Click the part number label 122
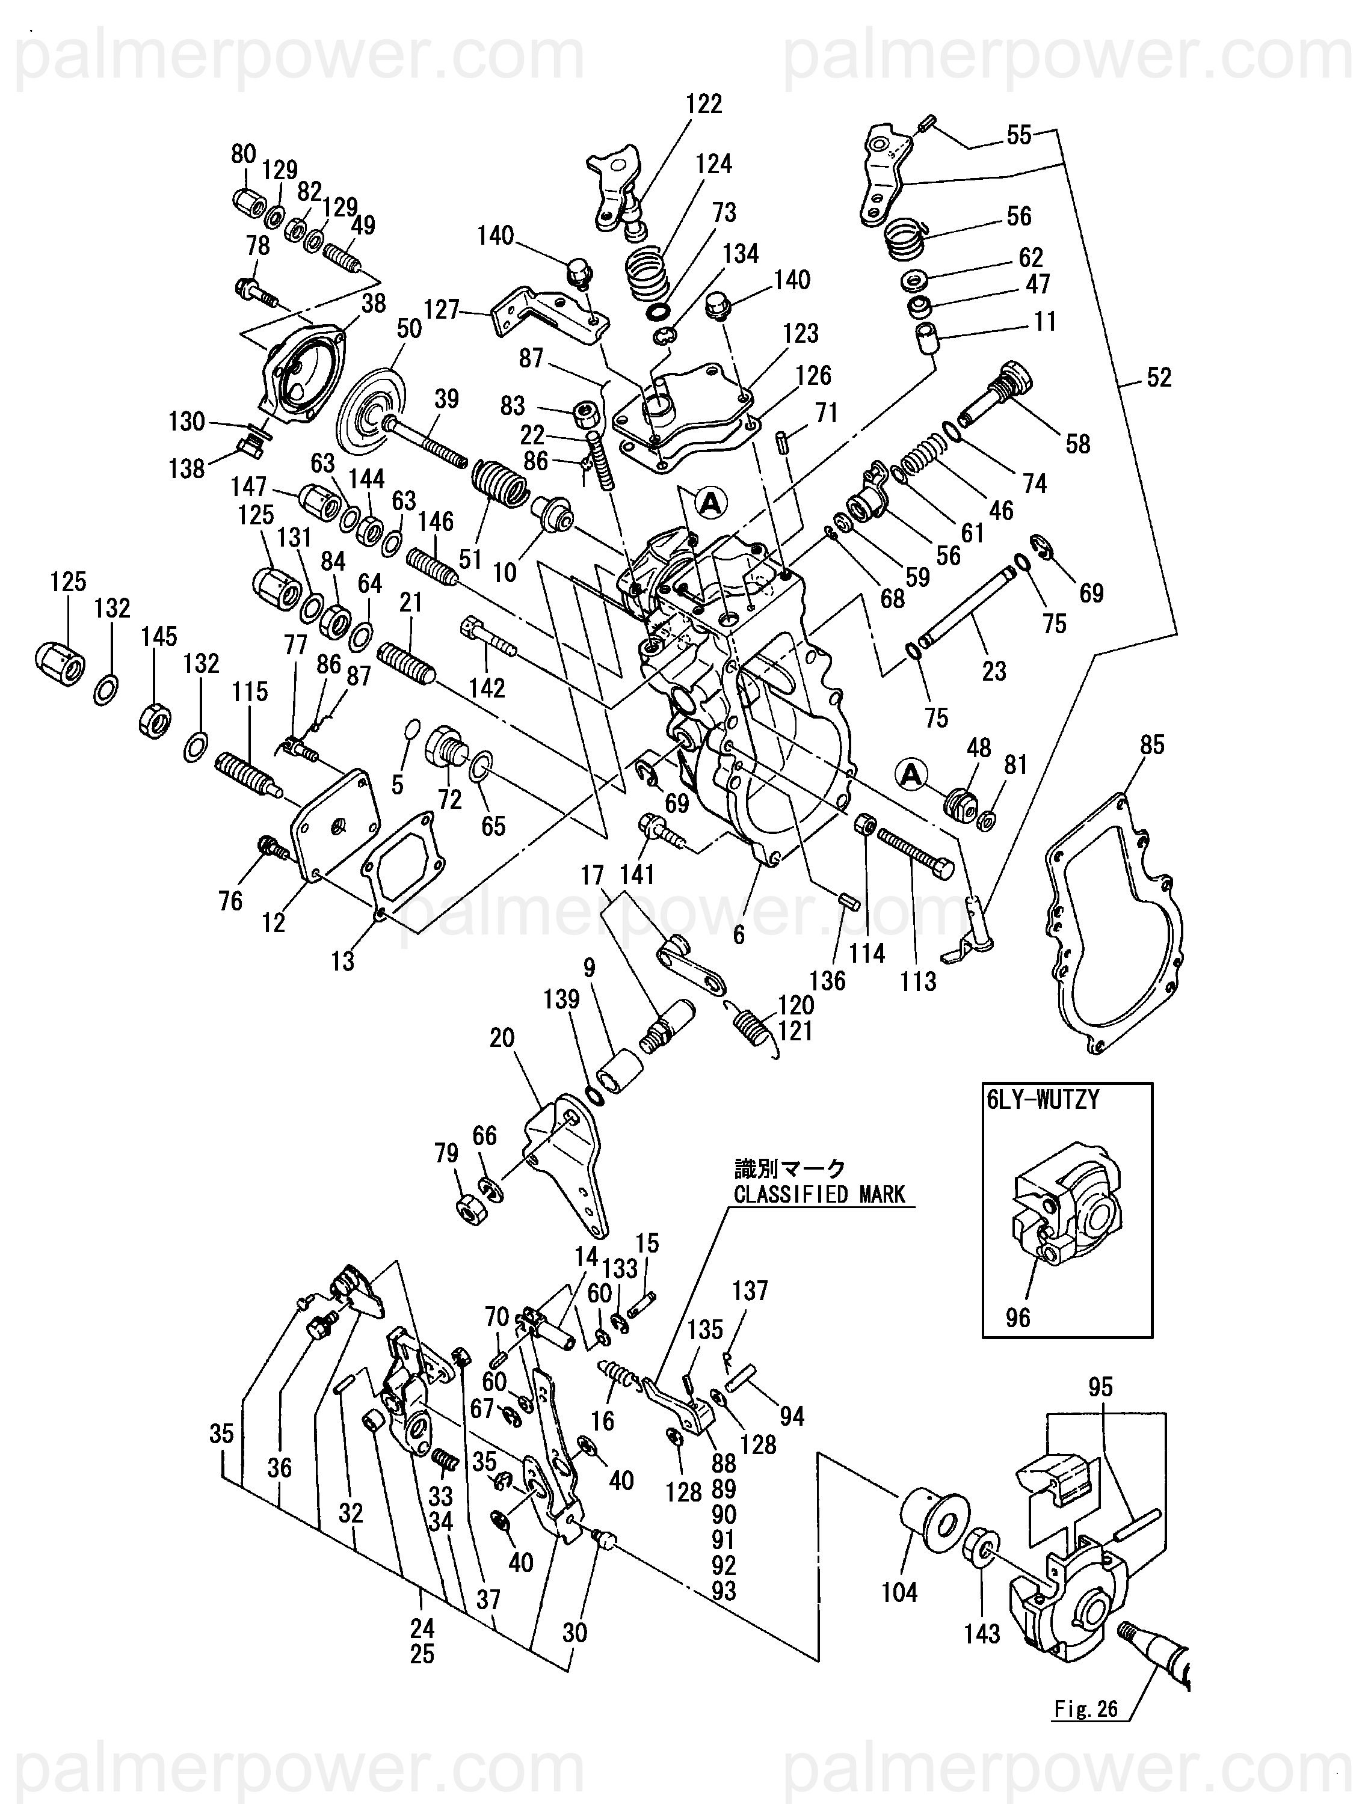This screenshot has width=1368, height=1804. (703, 105)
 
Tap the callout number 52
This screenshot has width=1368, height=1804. (1159, 378)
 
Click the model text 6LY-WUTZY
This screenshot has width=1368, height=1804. (1043, 1100)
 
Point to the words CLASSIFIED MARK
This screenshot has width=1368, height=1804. (819, 1195)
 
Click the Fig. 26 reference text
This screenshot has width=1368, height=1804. (1085, 1708)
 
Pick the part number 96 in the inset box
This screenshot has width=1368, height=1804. (1017, 1317)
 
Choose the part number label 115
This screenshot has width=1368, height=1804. (250, 692)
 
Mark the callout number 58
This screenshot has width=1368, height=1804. (1077, 444)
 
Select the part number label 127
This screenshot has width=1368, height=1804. (442, 309)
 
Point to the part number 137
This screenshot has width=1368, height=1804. (750, 1291)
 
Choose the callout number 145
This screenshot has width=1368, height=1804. (158, 637)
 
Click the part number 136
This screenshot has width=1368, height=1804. (827, 980)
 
